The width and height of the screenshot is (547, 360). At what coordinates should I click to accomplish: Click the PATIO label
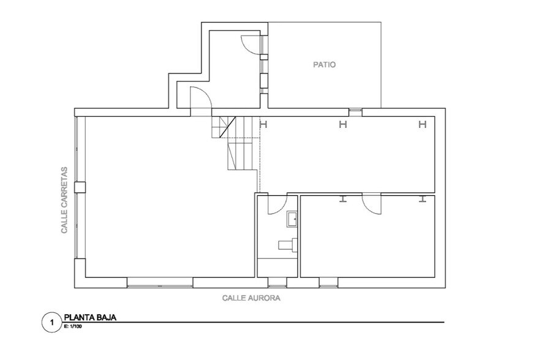(x=324, y=64)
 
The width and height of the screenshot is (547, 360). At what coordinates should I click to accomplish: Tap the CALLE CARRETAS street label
(x=64, y=200)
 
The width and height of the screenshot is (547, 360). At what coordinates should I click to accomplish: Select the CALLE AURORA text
(x=251, y=298)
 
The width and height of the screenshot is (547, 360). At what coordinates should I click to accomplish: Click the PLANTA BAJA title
(x=90, y=317)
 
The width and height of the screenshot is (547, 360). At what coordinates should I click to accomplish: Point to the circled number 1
(x=52, y=323)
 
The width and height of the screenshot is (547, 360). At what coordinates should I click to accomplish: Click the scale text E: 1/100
(x=73, y=327)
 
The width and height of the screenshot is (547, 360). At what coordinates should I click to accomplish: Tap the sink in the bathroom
(x=292, y=219)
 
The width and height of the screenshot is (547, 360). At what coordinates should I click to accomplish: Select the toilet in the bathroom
(x=288, y=244)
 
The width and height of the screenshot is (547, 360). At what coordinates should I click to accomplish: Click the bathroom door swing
(x=277, y=204)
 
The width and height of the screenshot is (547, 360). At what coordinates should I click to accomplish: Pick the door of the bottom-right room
(x=372, y=204)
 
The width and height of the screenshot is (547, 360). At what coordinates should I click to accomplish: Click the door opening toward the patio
(x=251, y=45)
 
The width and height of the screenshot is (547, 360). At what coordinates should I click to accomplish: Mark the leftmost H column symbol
(x=264, y=124)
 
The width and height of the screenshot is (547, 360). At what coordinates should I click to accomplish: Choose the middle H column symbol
(x=343, y=124)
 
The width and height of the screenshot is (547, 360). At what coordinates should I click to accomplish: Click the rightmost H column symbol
(x=423, y=124)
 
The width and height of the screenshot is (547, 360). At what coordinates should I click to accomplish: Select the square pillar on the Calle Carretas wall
(x=80, y=187)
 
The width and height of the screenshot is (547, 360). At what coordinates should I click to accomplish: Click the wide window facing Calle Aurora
(x=160, y=283)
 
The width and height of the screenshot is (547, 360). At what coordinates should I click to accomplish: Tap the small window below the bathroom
(x=277, y=283)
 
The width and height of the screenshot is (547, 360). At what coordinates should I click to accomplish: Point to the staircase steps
(x=235, y=143)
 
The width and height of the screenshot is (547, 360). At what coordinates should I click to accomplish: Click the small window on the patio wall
(x=355, y=111)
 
